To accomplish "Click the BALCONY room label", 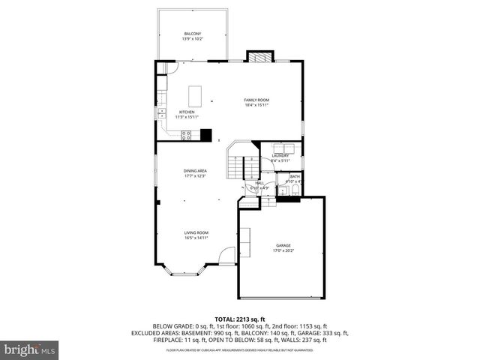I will [x=193, y=33].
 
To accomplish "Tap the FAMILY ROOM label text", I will [x=256, y=100].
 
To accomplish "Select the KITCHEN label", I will [x=185, y=112].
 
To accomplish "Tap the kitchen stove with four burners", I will [x=186, y=135].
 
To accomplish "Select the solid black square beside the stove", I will [x=205, y=136].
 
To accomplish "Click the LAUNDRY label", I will [x=280, y=155].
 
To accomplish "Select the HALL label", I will [x=259, y=182].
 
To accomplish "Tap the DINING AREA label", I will [x=195, y=171].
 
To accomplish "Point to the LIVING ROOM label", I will [x=196, y=232].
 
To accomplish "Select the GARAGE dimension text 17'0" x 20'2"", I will [x=283, y=250].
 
